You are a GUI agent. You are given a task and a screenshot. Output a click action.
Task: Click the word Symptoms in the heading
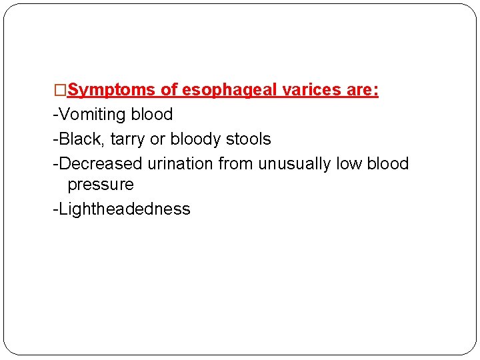(x=111, y=90)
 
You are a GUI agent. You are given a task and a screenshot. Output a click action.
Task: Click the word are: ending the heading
(x=362, y=90)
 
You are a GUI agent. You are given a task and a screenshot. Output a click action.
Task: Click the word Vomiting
(x=93, y=115)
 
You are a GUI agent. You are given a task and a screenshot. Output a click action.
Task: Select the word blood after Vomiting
(x=152, y=115)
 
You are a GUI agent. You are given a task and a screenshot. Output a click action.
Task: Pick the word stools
(x=249, y=139)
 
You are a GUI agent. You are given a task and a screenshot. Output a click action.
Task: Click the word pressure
(x=101, y=185)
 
